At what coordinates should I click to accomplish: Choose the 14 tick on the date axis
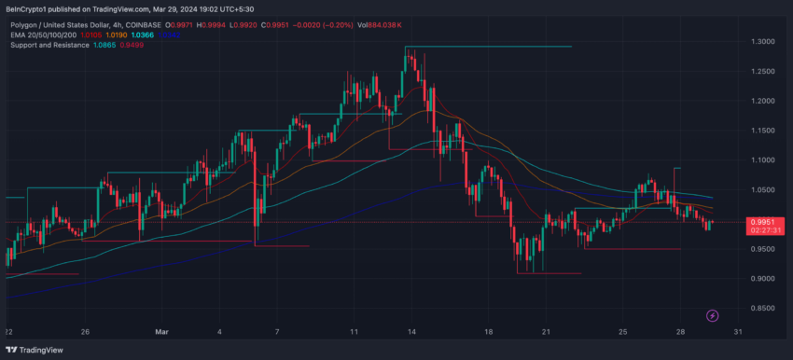click(x=411, y=331)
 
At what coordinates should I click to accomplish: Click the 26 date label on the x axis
click(x=85, y=331)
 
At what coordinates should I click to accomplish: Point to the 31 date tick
click(x=736, y=331)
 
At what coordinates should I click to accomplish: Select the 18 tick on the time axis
click(x=488, y=331)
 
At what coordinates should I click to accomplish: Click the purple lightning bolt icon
click(x=713, y=317)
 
